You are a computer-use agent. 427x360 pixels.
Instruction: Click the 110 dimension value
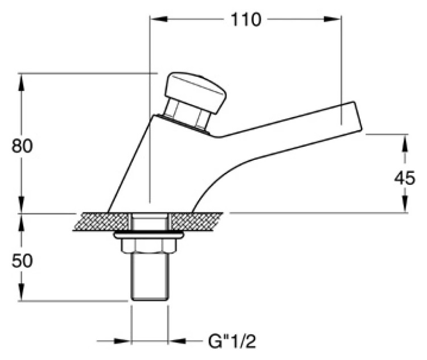[x=245, y=19]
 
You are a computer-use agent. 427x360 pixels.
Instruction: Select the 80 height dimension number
[x=22, y=146]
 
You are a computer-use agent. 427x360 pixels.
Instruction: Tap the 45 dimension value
[x=405, y=178]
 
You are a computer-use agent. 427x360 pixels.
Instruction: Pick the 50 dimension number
[x=22, y=260]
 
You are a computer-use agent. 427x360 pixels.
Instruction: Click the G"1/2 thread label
[x=232, y=341]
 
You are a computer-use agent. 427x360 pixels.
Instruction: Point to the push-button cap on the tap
[x=195, y=92]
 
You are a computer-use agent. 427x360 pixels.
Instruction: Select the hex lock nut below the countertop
[x=149, y=246]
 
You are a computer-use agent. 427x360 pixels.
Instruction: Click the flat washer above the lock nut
[x=149, y=235]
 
